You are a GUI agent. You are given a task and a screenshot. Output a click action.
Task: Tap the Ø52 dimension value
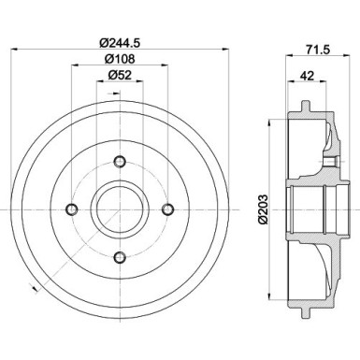pos(119,76)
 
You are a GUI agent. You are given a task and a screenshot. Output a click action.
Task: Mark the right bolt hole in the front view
pos(168,209)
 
